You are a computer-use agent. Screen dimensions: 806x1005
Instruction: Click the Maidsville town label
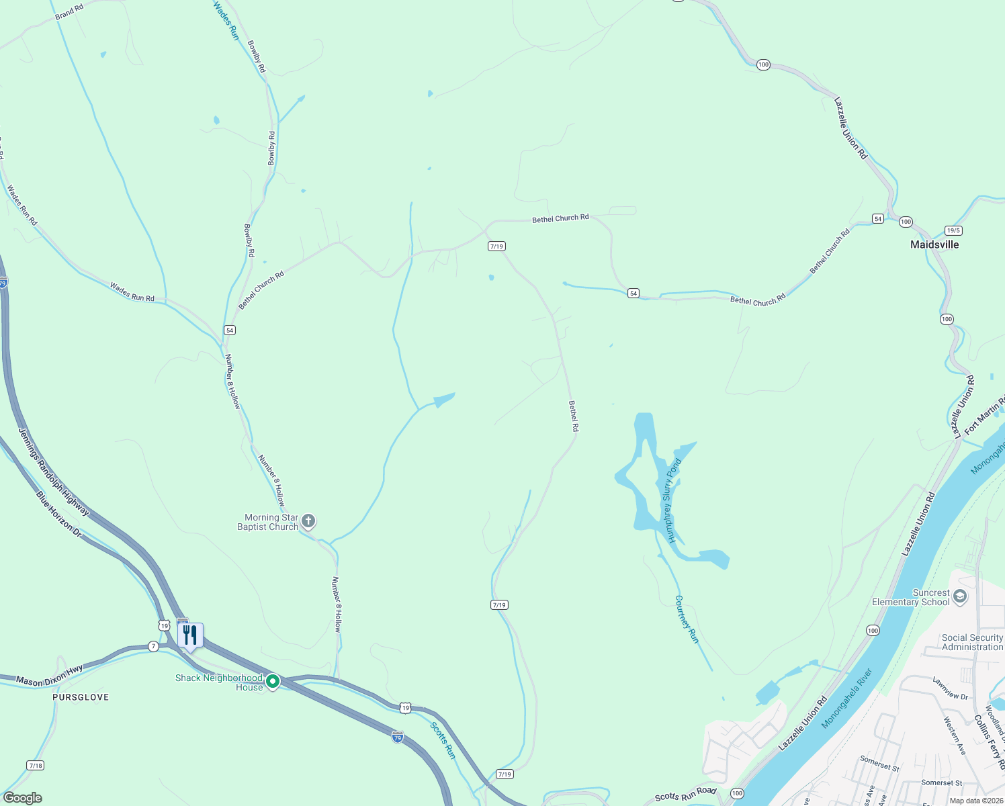click(934, 244)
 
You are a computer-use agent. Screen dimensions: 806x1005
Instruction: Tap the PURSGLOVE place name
click(81, 697)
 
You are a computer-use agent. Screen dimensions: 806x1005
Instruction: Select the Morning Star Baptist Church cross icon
click(308, 521)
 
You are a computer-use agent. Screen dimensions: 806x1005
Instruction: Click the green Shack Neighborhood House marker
click(273, 682)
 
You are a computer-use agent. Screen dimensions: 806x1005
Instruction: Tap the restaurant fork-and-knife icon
click(190, 635)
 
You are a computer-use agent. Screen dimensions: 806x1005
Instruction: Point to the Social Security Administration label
click(971, 642)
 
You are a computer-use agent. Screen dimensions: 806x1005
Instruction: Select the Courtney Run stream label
click(687, 619)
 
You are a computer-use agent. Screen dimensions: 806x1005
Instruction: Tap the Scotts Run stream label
click(443, 741)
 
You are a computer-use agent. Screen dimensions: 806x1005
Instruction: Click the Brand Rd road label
click(69, 11)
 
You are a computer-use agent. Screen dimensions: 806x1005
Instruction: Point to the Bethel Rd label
click(573, 416)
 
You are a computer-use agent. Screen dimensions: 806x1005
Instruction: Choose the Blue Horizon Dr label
click(58, 514)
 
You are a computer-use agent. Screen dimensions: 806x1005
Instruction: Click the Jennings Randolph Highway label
click(54, 472)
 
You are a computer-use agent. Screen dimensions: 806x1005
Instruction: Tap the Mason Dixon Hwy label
click(49, 676)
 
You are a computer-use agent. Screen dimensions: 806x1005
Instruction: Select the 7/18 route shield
click(36, 765)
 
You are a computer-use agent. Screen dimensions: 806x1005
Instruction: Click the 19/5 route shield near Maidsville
click(953, 230)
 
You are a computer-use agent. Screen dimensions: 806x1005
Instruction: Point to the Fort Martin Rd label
click(985, 416)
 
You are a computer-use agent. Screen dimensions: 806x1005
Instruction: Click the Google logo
click(23, 798)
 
